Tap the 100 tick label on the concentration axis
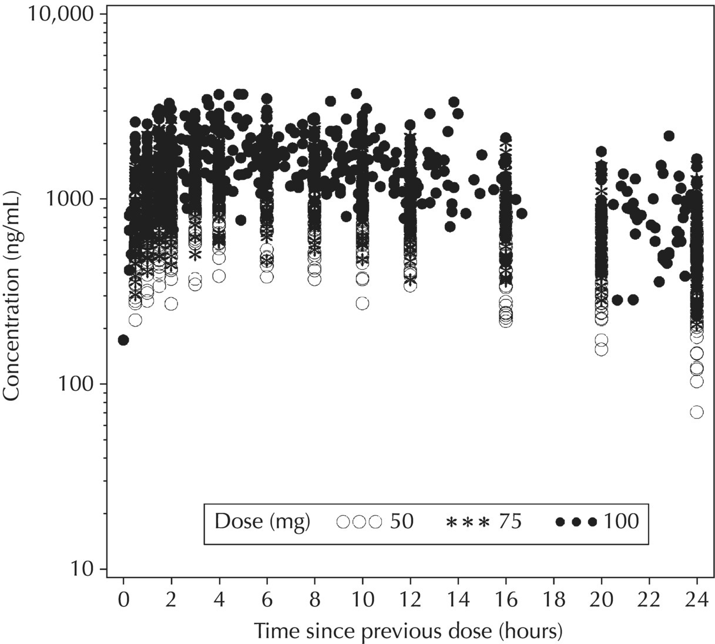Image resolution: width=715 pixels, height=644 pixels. (79, 384)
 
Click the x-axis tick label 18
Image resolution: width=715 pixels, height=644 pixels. (553, 601)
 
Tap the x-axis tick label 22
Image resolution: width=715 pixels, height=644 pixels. (649, 601)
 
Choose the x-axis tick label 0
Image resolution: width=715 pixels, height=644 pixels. (123, 601)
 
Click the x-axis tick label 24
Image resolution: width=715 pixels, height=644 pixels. (696, 601)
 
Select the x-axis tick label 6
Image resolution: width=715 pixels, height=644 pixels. (267, 601)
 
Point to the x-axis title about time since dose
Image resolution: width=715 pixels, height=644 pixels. (408, 631)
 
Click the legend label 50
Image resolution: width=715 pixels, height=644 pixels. (402, 521)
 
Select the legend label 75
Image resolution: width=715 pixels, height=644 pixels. (510, 521)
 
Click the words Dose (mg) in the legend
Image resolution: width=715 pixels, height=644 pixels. (262, 521)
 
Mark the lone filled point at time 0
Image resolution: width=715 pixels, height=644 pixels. (123, 340)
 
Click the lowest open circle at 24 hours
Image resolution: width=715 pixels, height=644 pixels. (697, 412)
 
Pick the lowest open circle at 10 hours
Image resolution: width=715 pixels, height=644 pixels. (362, 303)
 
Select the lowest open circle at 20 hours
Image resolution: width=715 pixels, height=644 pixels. (601, 349)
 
